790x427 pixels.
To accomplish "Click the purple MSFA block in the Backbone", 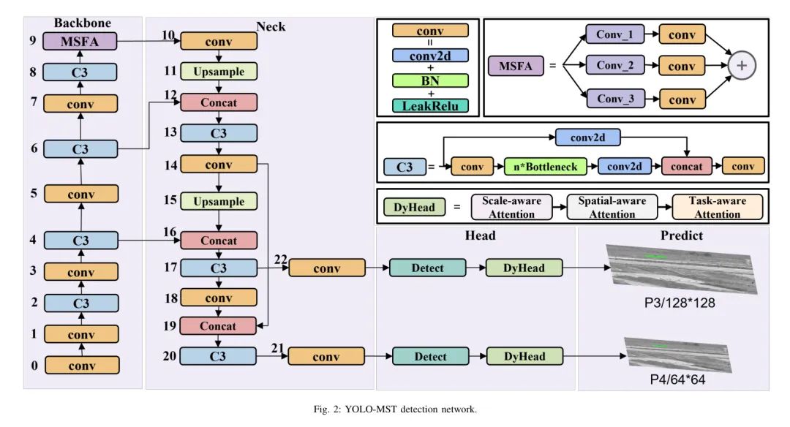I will pyautogui.click(x=80, y=42).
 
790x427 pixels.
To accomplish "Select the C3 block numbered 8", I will pyautogui.click(x=80, y=72).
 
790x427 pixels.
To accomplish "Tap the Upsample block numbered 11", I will pyautogui.click(x=219, y=72).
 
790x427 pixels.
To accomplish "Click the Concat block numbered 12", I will pyautogui.click(x=219, y=102).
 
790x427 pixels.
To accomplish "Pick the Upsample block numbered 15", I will pyautogui.click(x=219, y=201).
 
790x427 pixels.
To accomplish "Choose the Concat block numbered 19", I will pyautogui.click(x=219, y=326).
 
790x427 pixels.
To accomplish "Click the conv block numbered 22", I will pyautogui.click(x=326, y=268).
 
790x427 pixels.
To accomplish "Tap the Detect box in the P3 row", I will pyautogui.click(x=427, y=268).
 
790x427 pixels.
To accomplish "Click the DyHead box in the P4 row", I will pyautogui.click(x=524, y=357).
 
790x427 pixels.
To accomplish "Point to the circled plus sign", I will pyautogui.click(x=742, y=65).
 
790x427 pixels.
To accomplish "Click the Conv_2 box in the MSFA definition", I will pyautogui.click(x=619, y=65).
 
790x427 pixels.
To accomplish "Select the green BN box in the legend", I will pyautogui.click(x=430, y=80).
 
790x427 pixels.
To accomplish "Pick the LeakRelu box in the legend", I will pyautogui.click(x=430, y=106).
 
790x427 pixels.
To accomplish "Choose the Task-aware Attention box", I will pyautogui.click(x=717, y=207).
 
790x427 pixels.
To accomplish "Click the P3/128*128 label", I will pyautogui.click(x=680, y=303).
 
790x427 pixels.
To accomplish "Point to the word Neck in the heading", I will pyautogui.click(x=271, y=27).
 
